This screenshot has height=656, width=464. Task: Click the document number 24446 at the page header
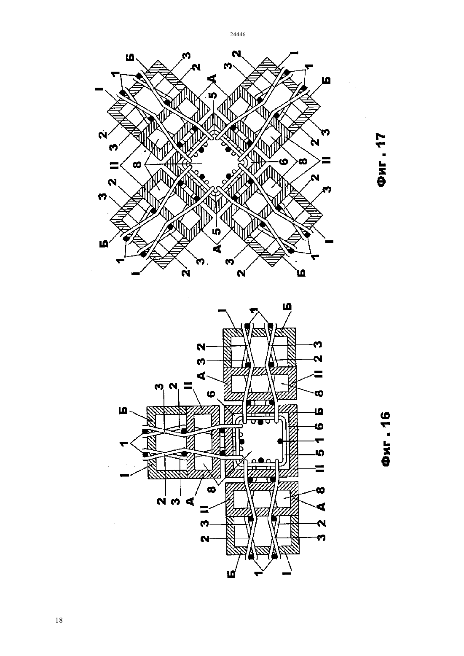[x=237, y=34]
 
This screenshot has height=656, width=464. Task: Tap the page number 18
[x=59, y=620]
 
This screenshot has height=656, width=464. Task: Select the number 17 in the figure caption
[x=381, y=140]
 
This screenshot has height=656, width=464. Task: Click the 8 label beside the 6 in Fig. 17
[x=303, y=161]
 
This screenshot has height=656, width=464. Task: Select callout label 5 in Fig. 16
[x=320, y=453]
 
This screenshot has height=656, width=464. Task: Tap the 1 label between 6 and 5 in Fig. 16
[x=320, y=440]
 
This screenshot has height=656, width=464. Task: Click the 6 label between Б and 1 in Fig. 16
[x=320, y=425]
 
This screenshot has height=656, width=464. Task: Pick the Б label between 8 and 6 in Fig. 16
[x=320, y=411]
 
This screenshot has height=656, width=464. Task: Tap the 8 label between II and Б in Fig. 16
[x=320, y=393]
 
